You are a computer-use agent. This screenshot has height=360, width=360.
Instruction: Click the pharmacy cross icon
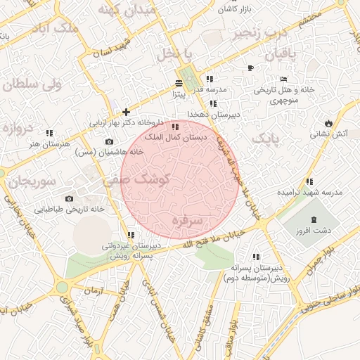pos(127,111)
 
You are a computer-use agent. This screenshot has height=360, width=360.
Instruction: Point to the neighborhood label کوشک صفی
pos(137,180)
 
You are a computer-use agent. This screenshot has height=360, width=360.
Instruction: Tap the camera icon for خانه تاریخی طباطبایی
pos(68,198)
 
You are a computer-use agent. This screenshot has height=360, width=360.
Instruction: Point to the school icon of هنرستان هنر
pos(49,132)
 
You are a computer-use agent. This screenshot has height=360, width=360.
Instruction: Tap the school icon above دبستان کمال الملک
pos(175,127)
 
